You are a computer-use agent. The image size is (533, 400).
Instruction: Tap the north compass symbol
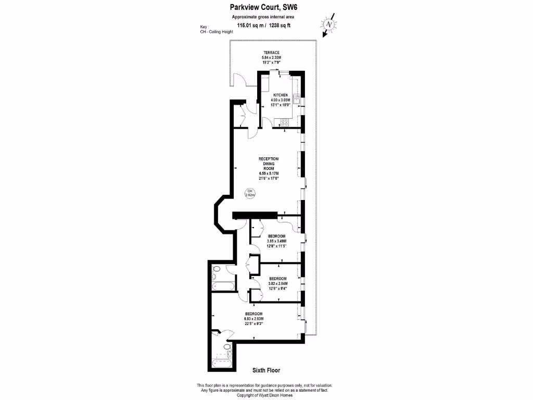click(328, 24)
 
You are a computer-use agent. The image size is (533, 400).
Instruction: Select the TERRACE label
click(271, 53)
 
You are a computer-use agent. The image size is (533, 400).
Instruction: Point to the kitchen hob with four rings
click(285, 122)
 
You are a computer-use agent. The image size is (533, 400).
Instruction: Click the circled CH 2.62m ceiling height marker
click(250, 193)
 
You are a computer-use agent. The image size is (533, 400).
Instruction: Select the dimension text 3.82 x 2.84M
click(277, 284)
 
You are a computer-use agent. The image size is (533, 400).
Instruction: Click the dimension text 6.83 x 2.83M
click(254, 319)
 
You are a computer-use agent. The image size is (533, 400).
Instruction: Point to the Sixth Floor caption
click(266, 370)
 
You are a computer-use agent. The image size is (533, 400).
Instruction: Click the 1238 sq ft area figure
click(294, 25)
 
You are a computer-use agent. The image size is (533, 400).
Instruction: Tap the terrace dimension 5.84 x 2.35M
click(271, 57)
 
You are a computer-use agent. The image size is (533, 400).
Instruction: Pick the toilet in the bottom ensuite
click(227, 346)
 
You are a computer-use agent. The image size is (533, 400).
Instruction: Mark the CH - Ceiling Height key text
click(217, 31)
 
